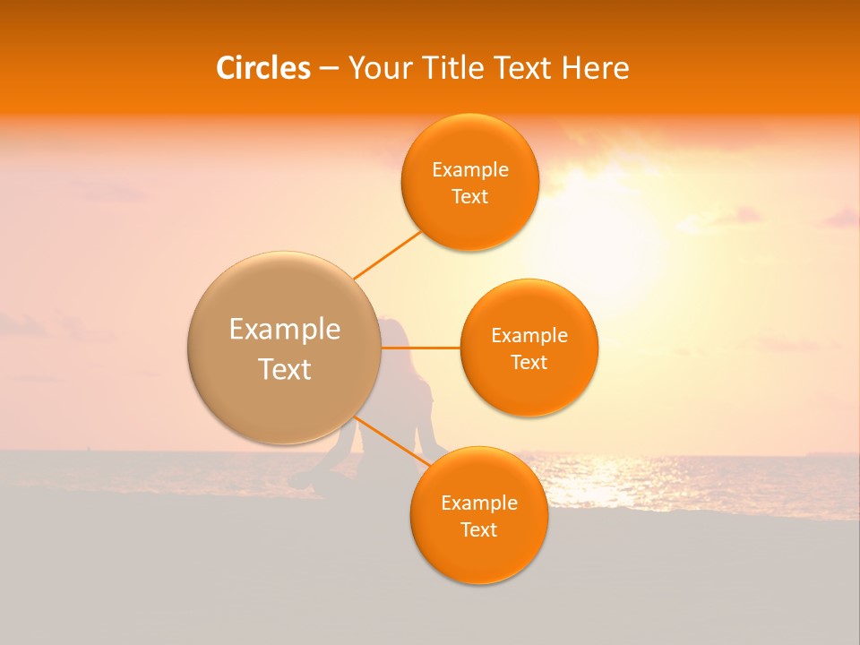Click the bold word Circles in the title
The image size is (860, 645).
(x=262, y=68)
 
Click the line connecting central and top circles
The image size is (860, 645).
(x=387, y=255)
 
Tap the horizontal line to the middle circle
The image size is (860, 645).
(x=421, y=348)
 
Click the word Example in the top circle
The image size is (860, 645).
(x=469, y=170)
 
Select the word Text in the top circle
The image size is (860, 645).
(x=469, y=197)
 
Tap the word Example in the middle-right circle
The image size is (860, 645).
(x=529, y=336)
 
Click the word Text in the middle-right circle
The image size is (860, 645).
(x=529, y=363)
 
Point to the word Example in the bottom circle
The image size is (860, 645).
(x=479, y=503)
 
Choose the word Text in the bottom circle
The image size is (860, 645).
(x=479, y=530)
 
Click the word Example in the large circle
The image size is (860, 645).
(x=285, y=330)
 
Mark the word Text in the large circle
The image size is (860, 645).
(x=285, y=369)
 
